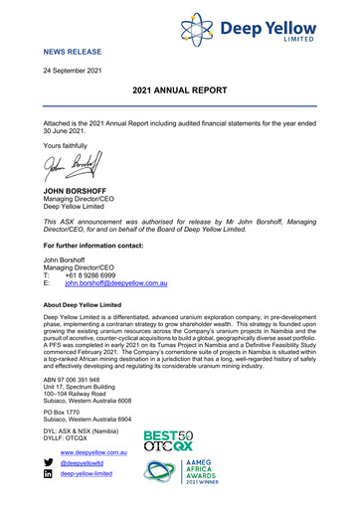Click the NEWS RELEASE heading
tap(75, 48)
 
